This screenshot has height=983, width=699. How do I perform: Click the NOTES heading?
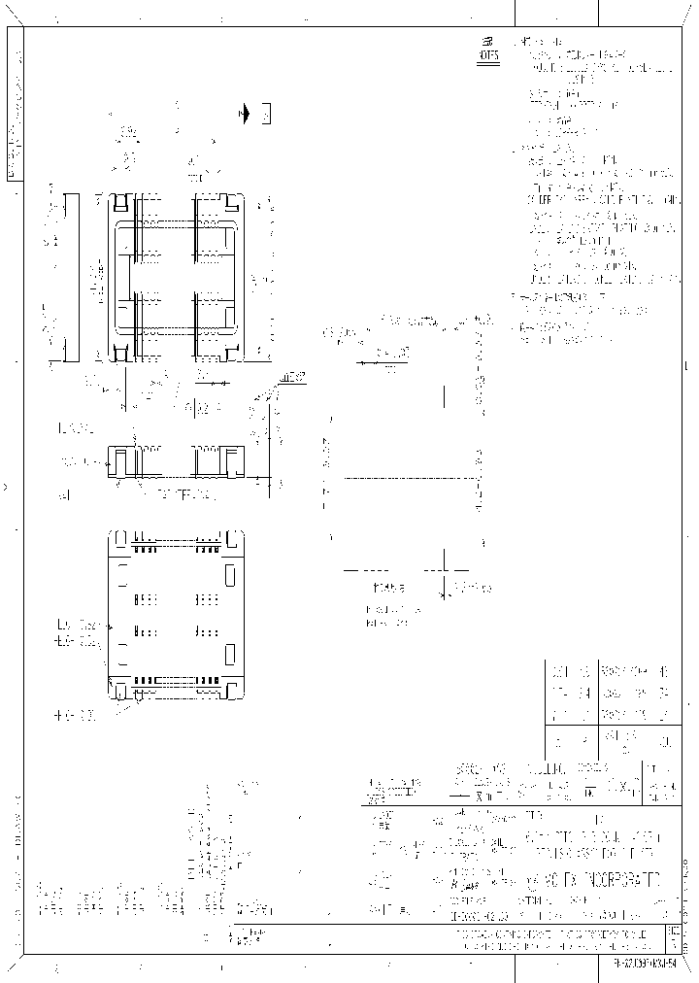click(487, 56)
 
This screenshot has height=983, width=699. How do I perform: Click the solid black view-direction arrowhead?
click(245, 115)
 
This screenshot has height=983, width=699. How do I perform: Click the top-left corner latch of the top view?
click(118, 203)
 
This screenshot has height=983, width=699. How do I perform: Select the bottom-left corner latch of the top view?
click(118, 350)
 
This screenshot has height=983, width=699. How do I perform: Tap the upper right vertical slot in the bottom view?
click(230, 575)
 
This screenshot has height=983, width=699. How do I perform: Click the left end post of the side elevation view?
click(117, 460)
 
